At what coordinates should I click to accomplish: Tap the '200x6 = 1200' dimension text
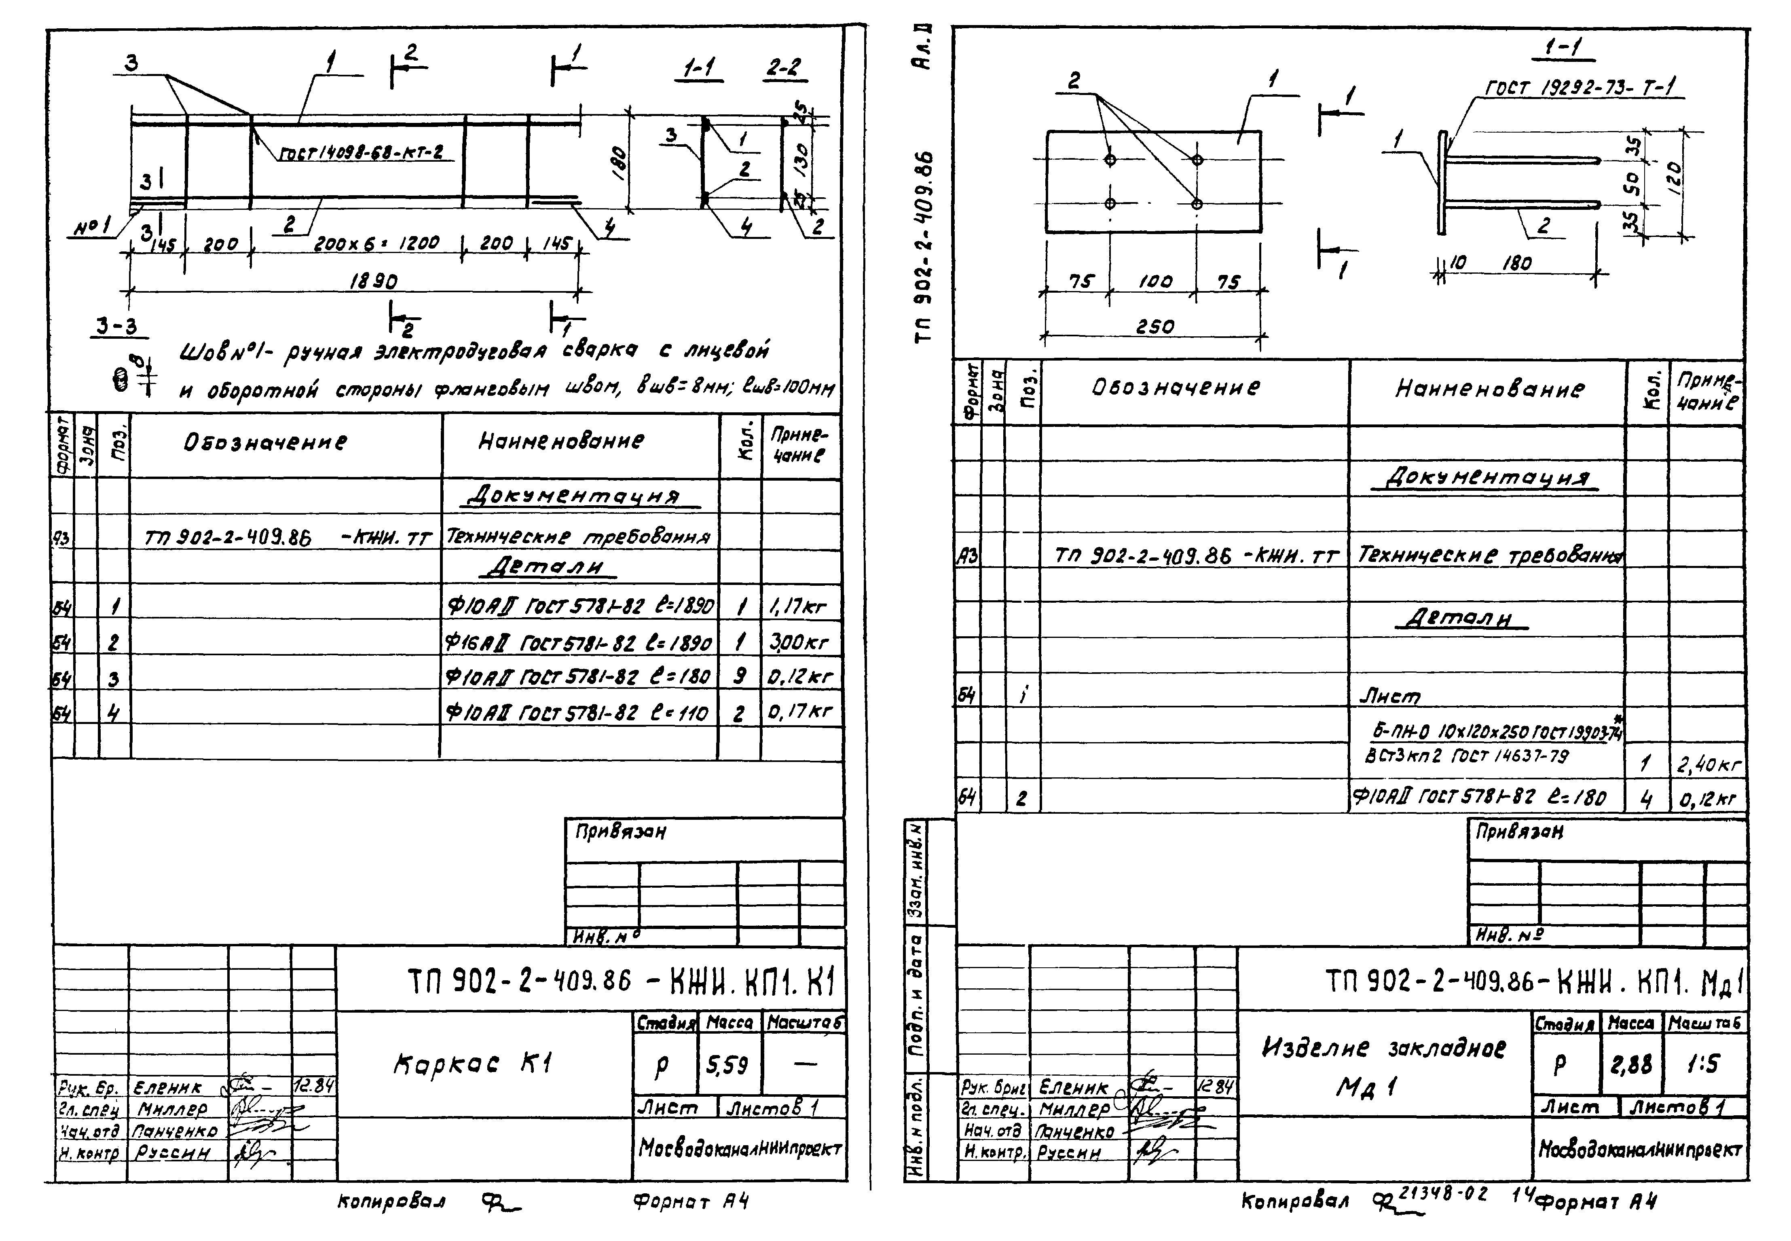click(x=376, y=243)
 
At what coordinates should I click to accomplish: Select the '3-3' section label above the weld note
click(x=117, y=327)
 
